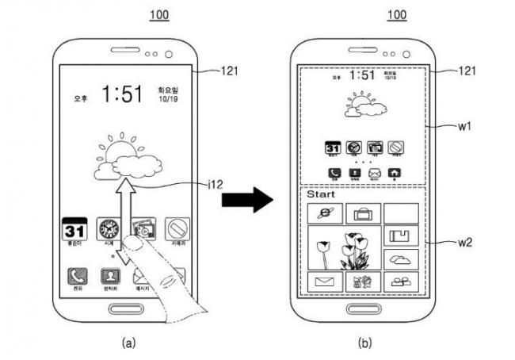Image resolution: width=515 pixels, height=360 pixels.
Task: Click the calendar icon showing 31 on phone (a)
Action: point(74,231)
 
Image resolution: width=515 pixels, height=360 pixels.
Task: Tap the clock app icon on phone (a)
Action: point(107,230)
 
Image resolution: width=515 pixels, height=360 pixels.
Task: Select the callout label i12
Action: point(212,186)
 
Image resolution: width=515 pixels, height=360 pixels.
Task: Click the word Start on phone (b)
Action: point(321,193)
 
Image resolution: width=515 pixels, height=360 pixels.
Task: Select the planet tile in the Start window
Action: point(325,213)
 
